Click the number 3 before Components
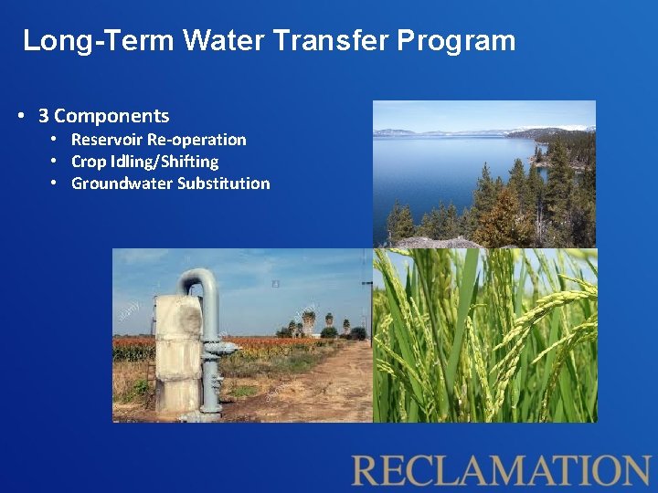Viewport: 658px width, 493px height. click(43, 116)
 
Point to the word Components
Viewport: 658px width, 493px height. click(111, 116)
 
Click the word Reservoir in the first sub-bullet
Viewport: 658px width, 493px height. click(105, 140)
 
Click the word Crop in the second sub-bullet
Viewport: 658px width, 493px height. click(88, 162)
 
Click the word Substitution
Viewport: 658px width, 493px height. click(224, 184)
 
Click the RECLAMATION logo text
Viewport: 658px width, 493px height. click(501, 470)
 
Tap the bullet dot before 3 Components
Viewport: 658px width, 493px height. click(20, 116)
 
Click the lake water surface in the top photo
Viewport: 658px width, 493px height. click(430, 173)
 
